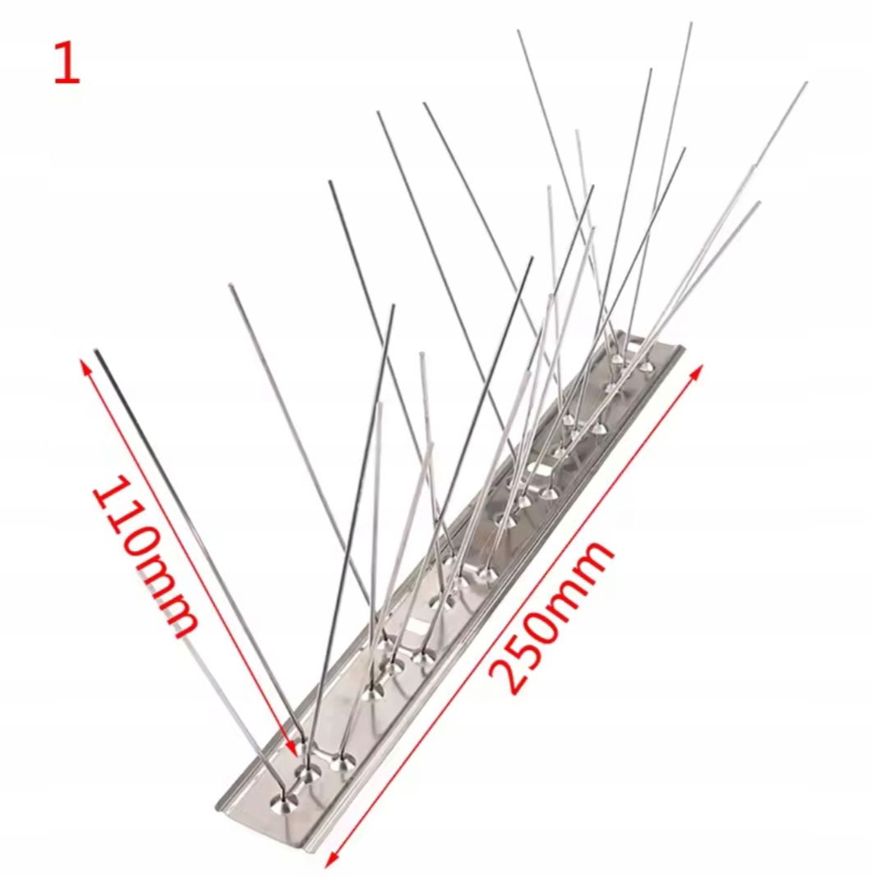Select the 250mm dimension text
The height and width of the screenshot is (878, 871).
(x=551, y=617)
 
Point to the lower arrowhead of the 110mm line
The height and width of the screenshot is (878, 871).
(x=292, y=748)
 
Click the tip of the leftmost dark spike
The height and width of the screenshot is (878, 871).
(x=96, y=351)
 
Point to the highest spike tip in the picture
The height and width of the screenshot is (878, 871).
(x=691, y=24)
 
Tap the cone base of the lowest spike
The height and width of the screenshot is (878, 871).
(x=283, y=802)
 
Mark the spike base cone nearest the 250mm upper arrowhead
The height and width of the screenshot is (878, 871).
(x=647, y=367)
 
